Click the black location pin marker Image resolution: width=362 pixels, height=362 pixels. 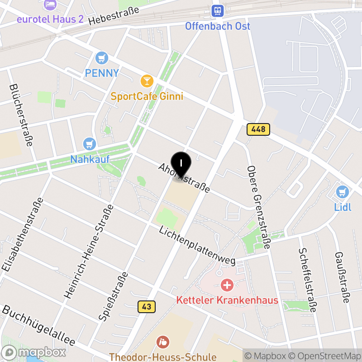(181, 164)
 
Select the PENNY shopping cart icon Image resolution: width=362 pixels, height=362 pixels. (102, 58)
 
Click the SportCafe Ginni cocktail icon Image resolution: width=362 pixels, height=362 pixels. (147, 81)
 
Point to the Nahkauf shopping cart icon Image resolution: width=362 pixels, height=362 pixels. (90, 144)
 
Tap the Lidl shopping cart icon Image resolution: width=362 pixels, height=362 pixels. (343, 192)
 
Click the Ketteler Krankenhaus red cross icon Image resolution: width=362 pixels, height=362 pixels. (227, 285)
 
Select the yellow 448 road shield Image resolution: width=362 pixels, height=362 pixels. (258, 129)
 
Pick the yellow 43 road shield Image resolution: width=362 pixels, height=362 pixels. (146, 306)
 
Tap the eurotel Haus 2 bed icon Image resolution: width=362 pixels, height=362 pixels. (50, 5)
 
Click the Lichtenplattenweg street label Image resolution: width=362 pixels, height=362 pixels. (197, 246)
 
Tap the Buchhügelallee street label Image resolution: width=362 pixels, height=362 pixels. (38, 325)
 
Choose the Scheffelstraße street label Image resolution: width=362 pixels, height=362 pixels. (307, 280)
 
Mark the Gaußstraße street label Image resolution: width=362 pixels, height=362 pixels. (342, 276)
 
